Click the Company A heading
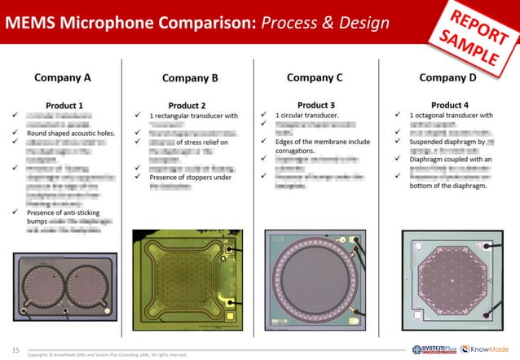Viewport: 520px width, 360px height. pyautogui.click(x=62, y=78)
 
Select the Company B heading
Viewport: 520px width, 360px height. pyautogui.click(x=190, y=78)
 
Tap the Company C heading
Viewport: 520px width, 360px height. pyautogui.click(x=315, y=78)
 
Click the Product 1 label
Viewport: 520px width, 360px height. pyautogui.click(x=64, y=105)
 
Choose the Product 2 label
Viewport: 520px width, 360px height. pyautogui.click(x=187, y=105)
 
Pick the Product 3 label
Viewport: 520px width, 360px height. pyautogui.click(x=316, y=105)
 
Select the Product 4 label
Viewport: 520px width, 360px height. pyautogui.click(x=448, y=105)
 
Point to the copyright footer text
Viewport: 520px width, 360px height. pyautogui.click(x=106, y=355)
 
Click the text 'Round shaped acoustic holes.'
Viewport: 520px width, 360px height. pyautogui.click(x=71, y=133)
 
